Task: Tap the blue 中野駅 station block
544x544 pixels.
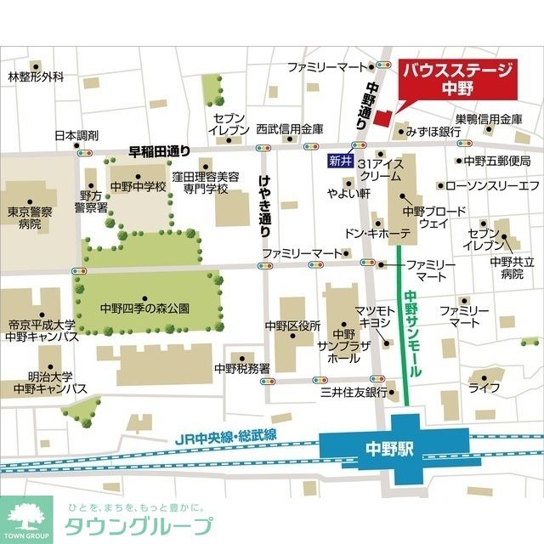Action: pyautogui.click(x=394, y=447)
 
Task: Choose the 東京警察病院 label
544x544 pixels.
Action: pyautogui.click(x=30, y=218)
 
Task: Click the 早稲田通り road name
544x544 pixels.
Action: pyautogui.click(x=160, y=151)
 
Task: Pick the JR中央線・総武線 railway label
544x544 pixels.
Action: pyautogui.click(x=226, y=439)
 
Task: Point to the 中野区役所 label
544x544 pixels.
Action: pyautogui.click(x=292, y=326)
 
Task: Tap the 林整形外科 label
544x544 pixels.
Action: pyautogui.click(x=36, y=77)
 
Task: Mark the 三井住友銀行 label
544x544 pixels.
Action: pyautogui.click(x=353, y=393)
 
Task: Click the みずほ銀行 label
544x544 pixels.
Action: pyautogui.click(x=433, y=133)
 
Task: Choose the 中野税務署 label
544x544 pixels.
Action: pyautogui.click(x=242, y=369)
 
